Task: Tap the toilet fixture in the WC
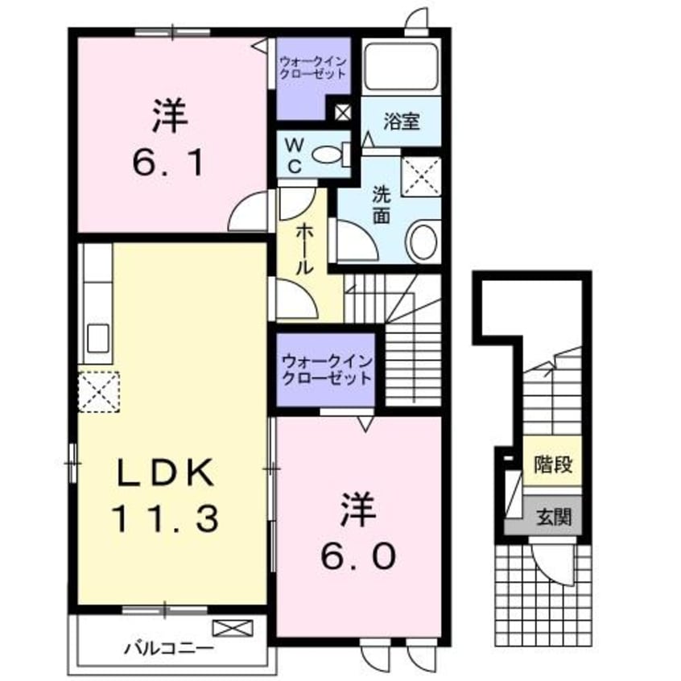click(x=329, y=154)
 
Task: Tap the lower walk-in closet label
click(x=327, y=369)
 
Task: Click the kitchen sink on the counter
click(x=98, y=337)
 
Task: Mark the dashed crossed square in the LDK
click(x=98, y=391)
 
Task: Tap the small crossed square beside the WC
click(x=342, y=112)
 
